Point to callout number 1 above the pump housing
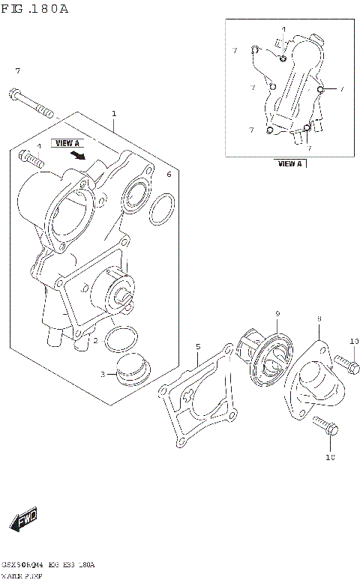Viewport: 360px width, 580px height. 114,114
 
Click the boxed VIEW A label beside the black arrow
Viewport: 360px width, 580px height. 66,142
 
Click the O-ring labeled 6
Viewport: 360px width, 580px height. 162,211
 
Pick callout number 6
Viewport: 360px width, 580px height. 169,175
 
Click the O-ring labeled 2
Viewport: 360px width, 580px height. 118,339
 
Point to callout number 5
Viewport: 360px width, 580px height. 198,346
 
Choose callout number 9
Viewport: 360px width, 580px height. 277,313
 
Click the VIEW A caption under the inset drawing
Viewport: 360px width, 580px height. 289,163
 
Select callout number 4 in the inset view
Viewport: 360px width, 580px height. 284,30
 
